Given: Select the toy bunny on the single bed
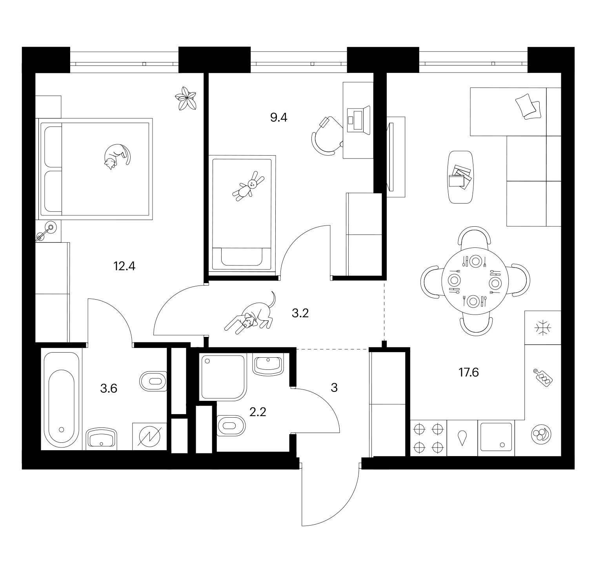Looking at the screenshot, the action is [248, 186].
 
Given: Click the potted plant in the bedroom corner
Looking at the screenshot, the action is [186, 98].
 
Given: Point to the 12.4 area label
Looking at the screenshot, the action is [124, 266].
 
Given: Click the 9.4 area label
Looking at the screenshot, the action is [278, 117].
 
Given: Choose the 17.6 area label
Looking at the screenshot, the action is [469, 372].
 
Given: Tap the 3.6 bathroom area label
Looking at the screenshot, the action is [109, 389].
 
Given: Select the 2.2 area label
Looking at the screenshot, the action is [258, 412].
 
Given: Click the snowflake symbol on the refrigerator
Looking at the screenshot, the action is [542, 327].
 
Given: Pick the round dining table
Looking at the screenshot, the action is [475, 281].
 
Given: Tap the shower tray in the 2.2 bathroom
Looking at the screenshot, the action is [223, 377].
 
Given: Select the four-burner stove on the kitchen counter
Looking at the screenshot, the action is [428, 438].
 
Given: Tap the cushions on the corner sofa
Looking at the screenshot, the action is [528, 106].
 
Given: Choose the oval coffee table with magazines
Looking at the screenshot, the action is [460, 177].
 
